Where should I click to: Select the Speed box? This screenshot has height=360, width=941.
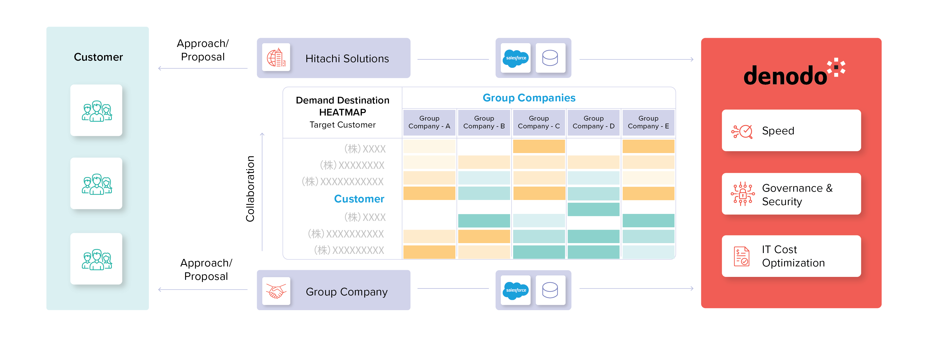tap(791, 130)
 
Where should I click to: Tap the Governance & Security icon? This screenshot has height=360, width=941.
tap(742, 194)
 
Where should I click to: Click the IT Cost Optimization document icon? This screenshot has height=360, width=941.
tap(741, 256)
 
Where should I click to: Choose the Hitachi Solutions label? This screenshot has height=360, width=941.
tap(347, 58)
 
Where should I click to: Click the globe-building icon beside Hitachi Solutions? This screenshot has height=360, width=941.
tap(276, 58)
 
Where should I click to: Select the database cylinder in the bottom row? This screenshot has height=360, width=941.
tap(550, 290)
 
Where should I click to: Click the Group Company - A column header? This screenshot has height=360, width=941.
tap(429, 122)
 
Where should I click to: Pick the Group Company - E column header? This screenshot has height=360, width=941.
tap(648, 122)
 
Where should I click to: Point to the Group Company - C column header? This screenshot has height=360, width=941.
tap(539, 122)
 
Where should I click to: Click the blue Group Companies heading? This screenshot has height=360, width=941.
tap(529, 98)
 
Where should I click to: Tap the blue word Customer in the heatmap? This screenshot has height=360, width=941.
tap(359, 199)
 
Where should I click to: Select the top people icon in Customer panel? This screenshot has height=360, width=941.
tap(97, 111)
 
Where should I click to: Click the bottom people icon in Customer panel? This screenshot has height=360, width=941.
tap(97, 259)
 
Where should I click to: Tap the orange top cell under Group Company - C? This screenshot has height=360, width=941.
tap(539, 146)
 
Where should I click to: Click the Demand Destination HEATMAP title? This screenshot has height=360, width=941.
tap(343, 106)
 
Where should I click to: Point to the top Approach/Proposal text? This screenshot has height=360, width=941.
tap(203, 50)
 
